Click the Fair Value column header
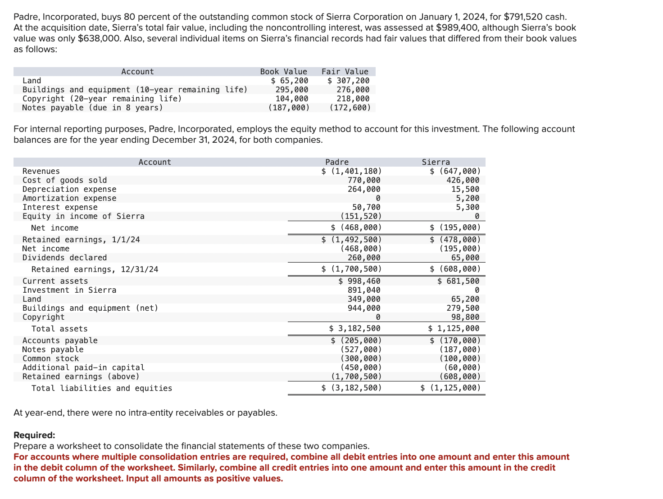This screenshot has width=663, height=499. (345, 72)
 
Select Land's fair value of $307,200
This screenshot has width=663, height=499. (348, 81)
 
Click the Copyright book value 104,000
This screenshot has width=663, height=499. (292, 99)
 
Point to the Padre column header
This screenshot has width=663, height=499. (337, 162)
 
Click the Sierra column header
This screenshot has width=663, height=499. (436, 162)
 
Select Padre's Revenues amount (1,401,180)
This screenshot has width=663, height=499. (352, 171)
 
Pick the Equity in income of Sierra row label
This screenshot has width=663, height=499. (83, 216)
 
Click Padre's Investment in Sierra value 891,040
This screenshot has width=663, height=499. (364, 290)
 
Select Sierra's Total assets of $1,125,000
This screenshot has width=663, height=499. (454, 328)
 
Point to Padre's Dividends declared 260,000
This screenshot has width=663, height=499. (364, 258)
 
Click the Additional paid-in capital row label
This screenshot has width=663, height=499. (83, 367)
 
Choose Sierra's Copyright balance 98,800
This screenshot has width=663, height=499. (465, 317)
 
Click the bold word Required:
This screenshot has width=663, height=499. (34, 435)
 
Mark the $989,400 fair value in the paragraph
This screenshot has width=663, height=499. (454, 28)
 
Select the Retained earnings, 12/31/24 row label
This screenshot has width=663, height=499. (95, 269)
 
